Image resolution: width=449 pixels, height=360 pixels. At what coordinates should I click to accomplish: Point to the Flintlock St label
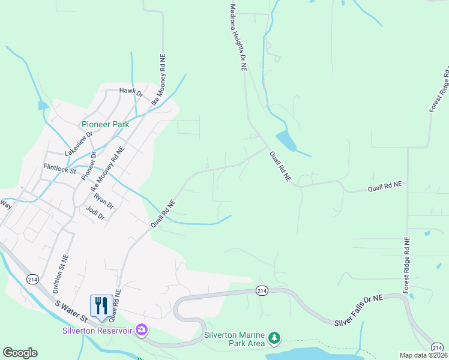(59, 170)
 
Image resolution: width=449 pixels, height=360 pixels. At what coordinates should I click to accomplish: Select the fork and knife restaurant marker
(101, 305)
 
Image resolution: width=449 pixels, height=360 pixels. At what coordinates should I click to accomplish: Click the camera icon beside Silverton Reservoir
(142, 329)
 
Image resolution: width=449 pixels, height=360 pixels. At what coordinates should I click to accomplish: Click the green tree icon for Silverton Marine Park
(274, 338)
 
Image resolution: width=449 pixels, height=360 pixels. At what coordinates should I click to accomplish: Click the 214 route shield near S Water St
(32, 279)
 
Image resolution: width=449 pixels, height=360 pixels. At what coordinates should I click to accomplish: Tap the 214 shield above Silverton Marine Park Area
(261, 290)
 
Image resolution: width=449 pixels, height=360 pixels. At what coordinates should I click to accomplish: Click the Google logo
(20, 353)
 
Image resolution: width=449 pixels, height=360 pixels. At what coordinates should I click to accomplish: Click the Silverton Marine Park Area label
(235, 340)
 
